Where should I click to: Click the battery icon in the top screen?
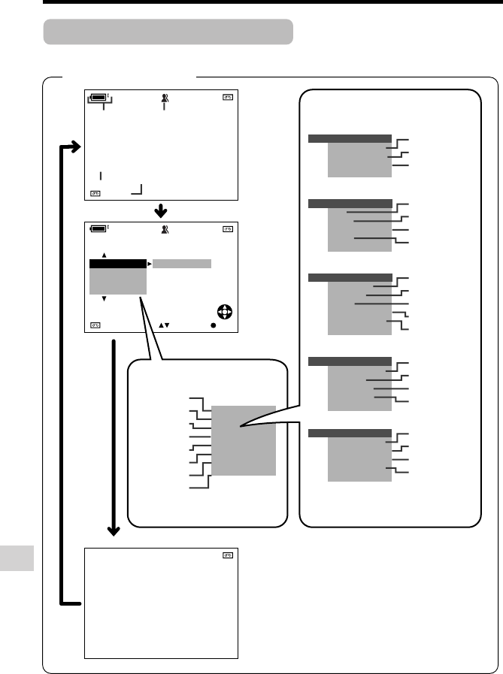coord(98,97)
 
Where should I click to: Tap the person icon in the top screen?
coord(164,97)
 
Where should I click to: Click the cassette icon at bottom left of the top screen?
coord(95,193)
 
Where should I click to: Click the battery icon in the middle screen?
coord(98,228)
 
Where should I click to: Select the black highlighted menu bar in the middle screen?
coord(117,264)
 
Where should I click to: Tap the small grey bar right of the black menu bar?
coord(182,264)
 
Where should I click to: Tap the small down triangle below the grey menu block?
coord(105,298)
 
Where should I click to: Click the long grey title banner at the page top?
coord(168,32)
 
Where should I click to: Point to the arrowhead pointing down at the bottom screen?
coord(114,531)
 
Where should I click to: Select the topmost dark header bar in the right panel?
coord(350,138)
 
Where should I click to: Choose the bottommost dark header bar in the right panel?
coord(350,434)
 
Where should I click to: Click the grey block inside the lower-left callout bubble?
coord(244,440)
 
